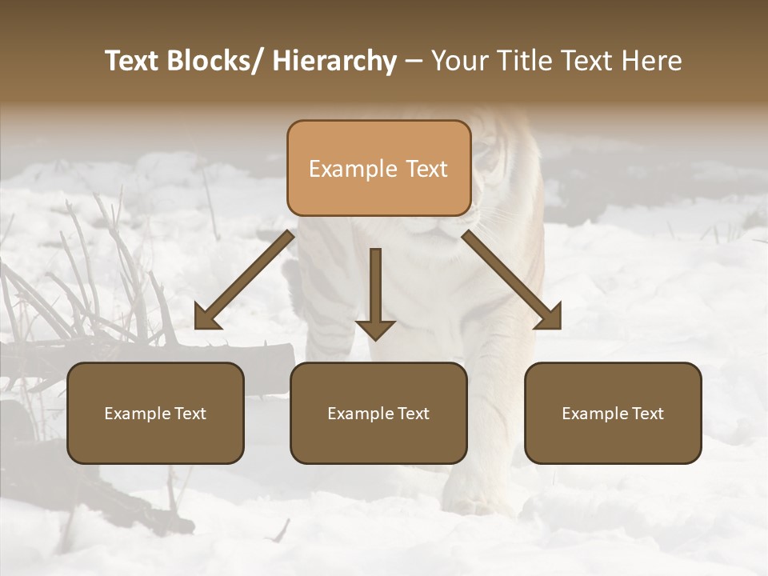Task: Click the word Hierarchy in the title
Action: pyautogui.click(x=334, y=61)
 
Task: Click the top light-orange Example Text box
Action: pyautogui.click(x=378, y=168)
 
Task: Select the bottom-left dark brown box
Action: pyautogui.click(x=155, y=413)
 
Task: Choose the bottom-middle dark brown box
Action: pyautogui.click(x=378, y=413)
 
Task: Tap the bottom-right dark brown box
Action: pyautogui.click(x=613, y=413)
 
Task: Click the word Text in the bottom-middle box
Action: pyautogui.click(x=413, y=414)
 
